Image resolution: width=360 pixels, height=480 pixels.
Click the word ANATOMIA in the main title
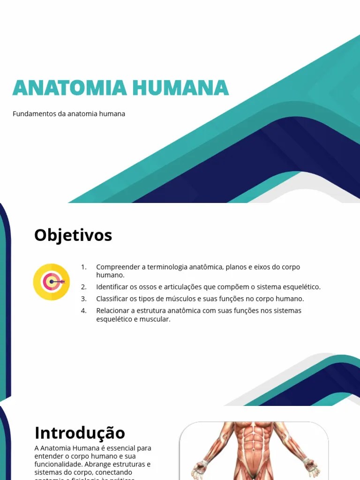coord(69,88)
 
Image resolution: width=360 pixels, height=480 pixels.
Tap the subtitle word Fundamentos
coord(34,114)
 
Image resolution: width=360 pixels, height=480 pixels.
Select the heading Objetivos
coord(73,235)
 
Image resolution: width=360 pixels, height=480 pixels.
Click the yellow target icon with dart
coord(52,282)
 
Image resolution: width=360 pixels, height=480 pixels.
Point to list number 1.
coord(83,267)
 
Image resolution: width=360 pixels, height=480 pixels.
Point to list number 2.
coord(83,287)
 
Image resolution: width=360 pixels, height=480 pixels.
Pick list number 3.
coord(83,299)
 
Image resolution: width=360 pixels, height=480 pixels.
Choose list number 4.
coord(83,310)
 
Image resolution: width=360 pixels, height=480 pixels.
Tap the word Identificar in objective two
coord(113,287)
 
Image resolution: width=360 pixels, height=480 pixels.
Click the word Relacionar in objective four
coord(113,310)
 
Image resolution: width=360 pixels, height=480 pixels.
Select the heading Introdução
coord(80,432)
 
